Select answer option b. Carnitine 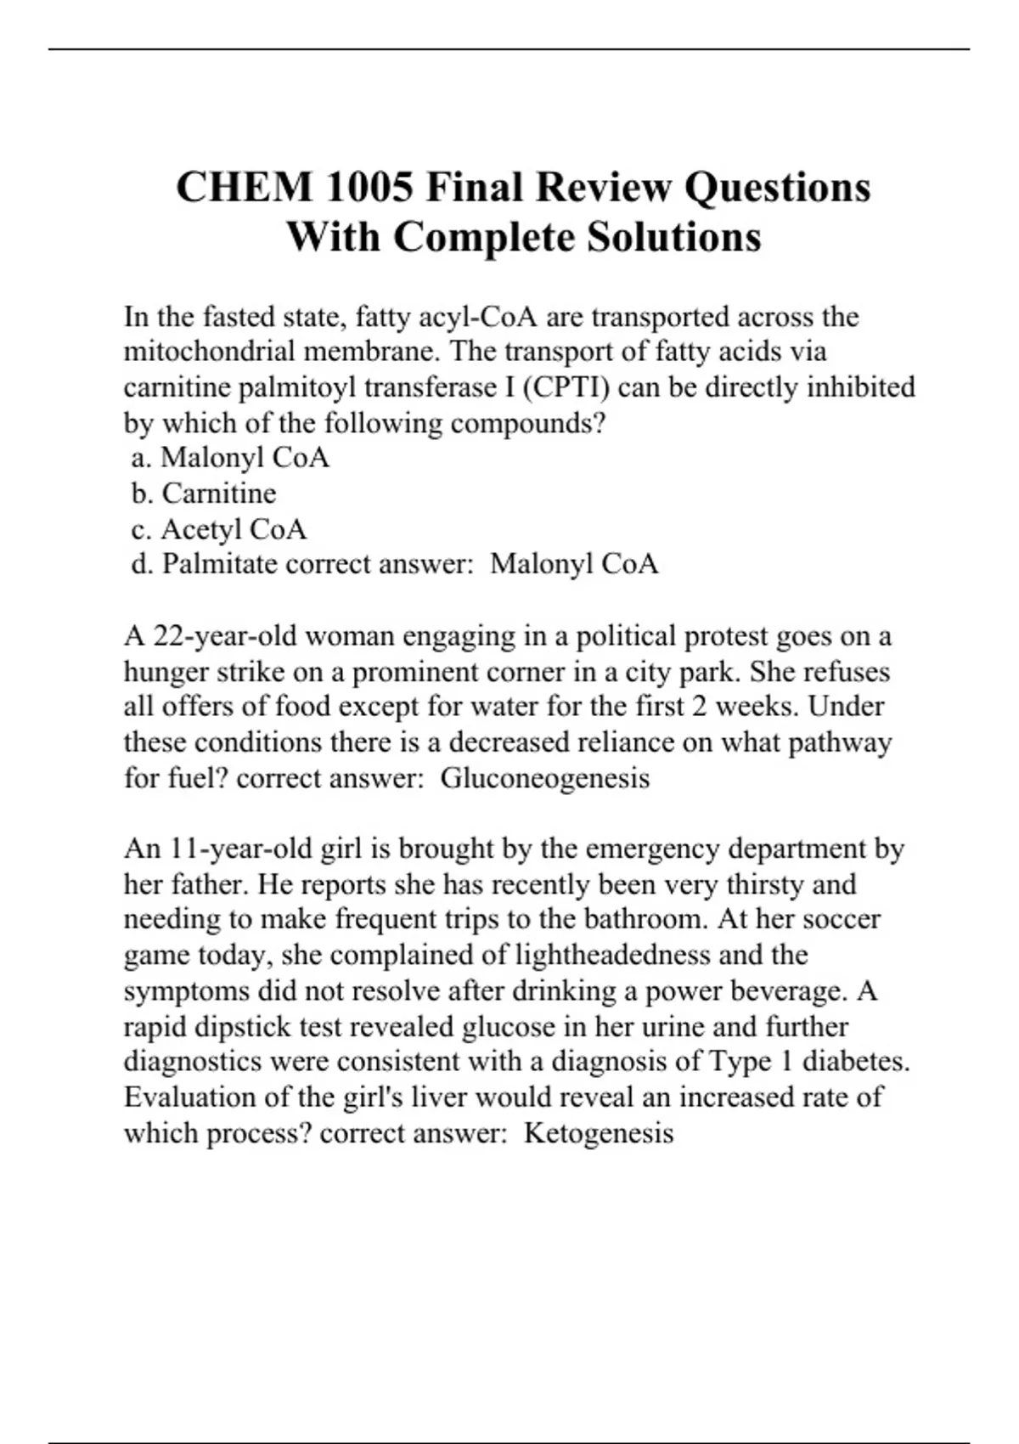click(x=204, y=494)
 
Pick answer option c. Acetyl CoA click(x=219, y=529)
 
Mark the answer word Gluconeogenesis click(x=544, y=778)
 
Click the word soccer click(x=842, y=920)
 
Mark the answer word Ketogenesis click(x=599, y=1133)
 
